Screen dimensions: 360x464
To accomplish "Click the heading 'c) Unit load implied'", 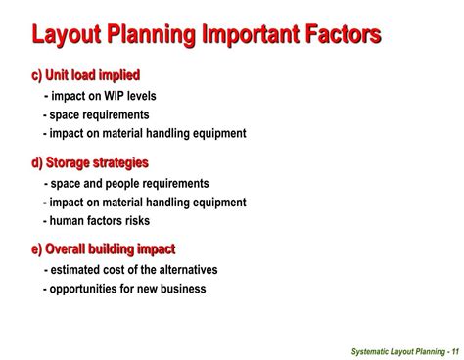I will point(85,75).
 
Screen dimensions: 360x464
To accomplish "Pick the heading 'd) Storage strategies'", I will point(90,162).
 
